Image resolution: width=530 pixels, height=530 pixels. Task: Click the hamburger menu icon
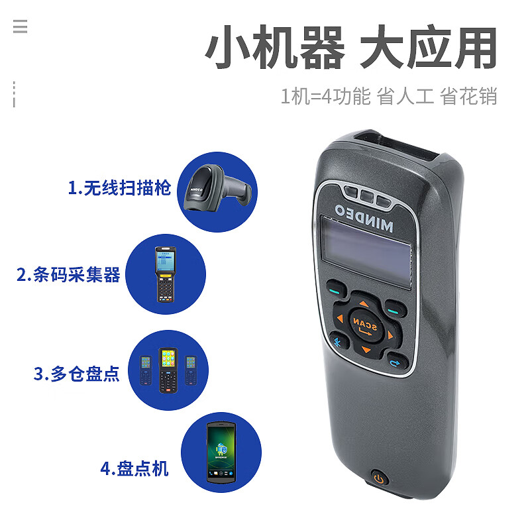pos(21,26)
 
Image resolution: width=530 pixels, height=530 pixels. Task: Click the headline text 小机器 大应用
pos(352,46)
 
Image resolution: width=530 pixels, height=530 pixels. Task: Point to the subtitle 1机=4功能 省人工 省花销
pos(389,96)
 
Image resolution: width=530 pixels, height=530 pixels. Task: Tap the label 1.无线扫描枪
pos(119,188)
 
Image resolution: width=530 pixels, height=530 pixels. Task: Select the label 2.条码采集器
pos(69,274)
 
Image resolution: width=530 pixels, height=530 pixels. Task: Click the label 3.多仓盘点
pos(76,374)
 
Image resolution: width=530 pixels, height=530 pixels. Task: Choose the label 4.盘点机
pos(134,468)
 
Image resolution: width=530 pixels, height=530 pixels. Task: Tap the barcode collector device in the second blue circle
pos(166,274)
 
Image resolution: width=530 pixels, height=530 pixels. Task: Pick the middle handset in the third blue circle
pos(168,370)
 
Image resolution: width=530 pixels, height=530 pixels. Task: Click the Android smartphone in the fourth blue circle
pos(221,452)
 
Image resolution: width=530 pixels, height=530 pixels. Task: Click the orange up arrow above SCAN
pos(364,303)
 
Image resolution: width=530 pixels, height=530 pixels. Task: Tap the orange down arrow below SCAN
pos(366,349)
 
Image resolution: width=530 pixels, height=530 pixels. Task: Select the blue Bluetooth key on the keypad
pos(337,343)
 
